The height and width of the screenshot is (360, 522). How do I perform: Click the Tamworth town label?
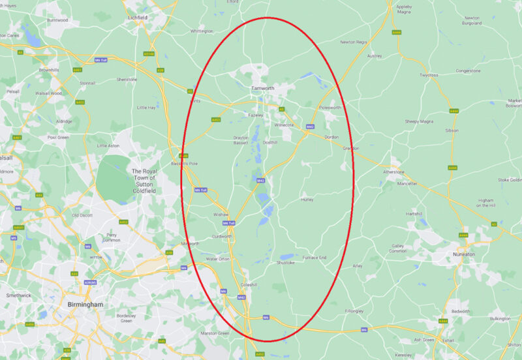coord(262,87)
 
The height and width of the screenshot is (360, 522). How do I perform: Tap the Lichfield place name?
coord(138,18)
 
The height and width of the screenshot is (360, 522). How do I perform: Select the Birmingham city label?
coord(85,305)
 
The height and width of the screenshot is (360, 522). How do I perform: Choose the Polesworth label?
coord(330,108)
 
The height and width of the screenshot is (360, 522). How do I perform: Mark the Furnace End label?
coord(314,258)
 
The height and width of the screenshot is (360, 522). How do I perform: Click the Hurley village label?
coord(307,200)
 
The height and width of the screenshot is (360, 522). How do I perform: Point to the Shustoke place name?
coord(286,263)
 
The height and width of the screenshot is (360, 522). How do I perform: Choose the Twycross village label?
coord(429,75)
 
